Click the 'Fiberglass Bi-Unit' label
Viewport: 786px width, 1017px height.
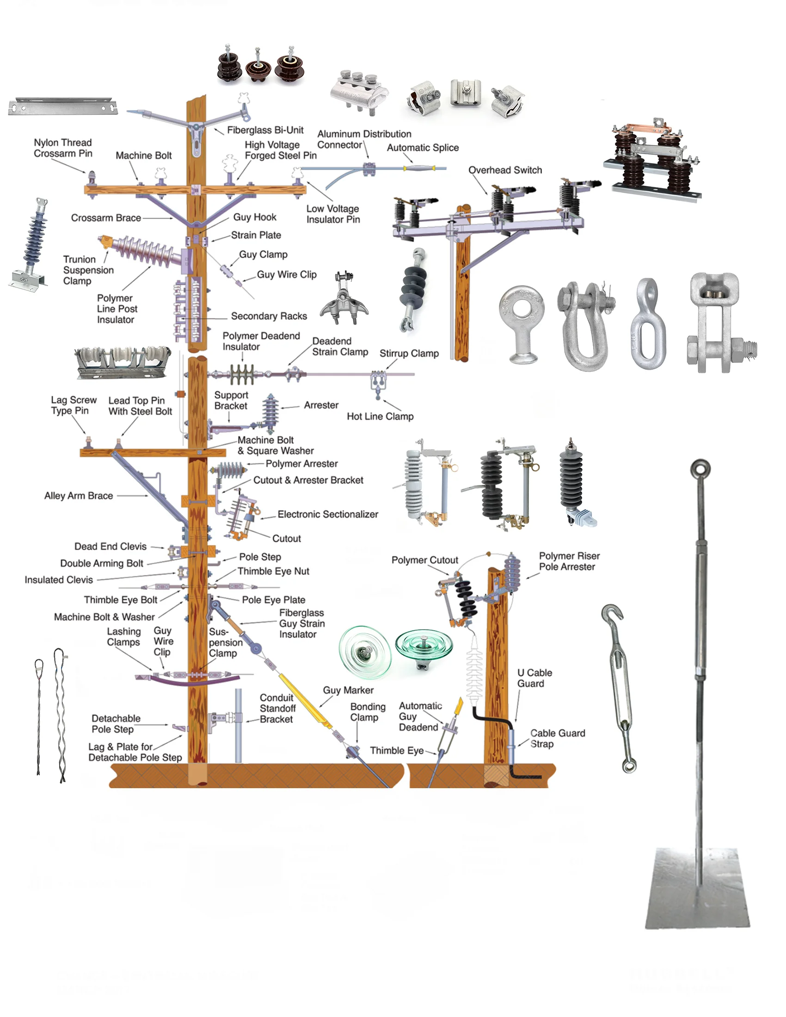(265, 130)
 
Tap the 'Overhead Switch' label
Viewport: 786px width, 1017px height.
(505, 170)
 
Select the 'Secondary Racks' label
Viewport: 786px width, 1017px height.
(269, 316)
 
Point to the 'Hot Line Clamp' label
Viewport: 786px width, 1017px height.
(380, 417)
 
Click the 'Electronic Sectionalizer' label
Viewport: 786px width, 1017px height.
(328, 514)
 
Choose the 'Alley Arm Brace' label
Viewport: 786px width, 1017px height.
(78, 496)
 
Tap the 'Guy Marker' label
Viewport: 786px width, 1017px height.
(348, 690)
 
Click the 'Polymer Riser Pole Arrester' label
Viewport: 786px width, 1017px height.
(569, 561)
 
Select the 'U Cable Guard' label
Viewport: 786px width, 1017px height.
(534, 678)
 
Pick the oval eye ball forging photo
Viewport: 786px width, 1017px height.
(648, 324)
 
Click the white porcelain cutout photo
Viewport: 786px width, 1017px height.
(416, 484)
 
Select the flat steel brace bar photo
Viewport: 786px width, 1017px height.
(63, 106)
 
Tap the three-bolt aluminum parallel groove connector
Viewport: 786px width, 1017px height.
(358, 91)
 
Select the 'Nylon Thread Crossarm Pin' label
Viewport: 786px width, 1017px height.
(63, 147)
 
